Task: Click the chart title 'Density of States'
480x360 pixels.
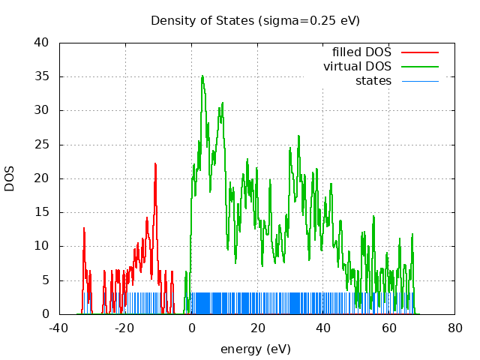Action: pyautogui.click(x=202, y=20)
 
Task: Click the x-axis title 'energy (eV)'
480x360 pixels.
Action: pyautogui.click(x=255, y=349)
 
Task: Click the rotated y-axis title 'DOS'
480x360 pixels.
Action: pyautogui.click(x=10, y=178)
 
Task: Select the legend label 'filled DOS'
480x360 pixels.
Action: pyautogui.click(x=361, y=52)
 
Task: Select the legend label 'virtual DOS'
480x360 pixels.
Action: pyautogui.click(x=357, y=67)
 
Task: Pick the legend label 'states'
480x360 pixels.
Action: pyautogui.click(x=373, y=81)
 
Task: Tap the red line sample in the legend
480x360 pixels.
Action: pyautogui.click(x=419, y=52)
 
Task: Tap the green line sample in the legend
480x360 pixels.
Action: pyautogui.click(x=419, y=67)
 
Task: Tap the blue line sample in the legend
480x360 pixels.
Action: pyautogui.click(x=419, y=81)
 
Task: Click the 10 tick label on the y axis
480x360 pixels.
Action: pyautogui.click(x=43, y=246)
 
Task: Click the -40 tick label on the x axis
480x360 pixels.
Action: pyautogui.click(x=59, y=328)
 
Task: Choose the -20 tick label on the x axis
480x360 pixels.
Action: pyautogui.click(x=125, y=328)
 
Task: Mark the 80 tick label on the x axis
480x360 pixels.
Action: pyautogui.click(x=455, y=328)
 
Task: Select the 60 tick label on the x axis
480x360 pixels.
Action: pyautogui.click(x=389, y=328)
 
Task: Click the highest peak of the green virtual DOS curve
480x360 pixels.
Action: pyautogui.click(x=202, y=76)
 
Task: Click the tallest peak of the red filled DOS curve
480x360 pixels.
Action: pyautogui.click(x=156, y=163)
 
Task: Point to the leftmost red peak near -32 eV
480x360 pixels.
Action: pyautogui.click(x=84, y=228)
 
